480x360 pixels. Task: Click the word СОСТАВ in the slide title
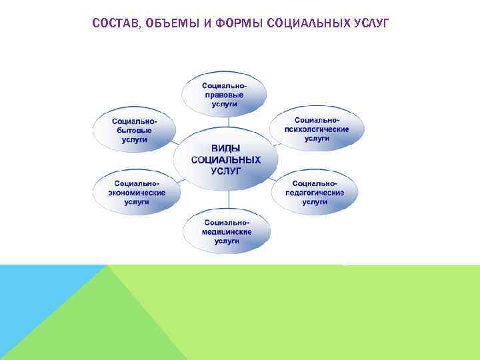(x=113, y=25)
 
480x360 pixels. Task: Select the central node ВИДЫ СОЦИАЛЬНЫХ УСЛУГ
(x=225, y=160)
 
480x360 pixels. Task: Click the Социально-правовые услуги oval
(x=225, y=95)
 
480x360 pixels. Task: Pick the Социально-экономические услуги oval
(x=136, y=193)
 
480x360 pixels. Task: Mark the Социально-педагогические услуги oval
(x=315, y=192)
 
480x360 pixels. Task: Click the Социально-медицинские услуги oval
(x=227, y=231)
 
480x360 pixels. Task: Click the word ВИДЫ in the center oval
(x=225, y=149)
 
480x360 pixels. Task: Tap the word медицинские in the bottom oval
(x=227, y=231)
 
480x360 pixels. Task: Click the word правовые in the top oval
(x=225, y=95)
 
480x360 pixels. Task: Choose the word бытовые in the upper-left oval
(x=134, y=131)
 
